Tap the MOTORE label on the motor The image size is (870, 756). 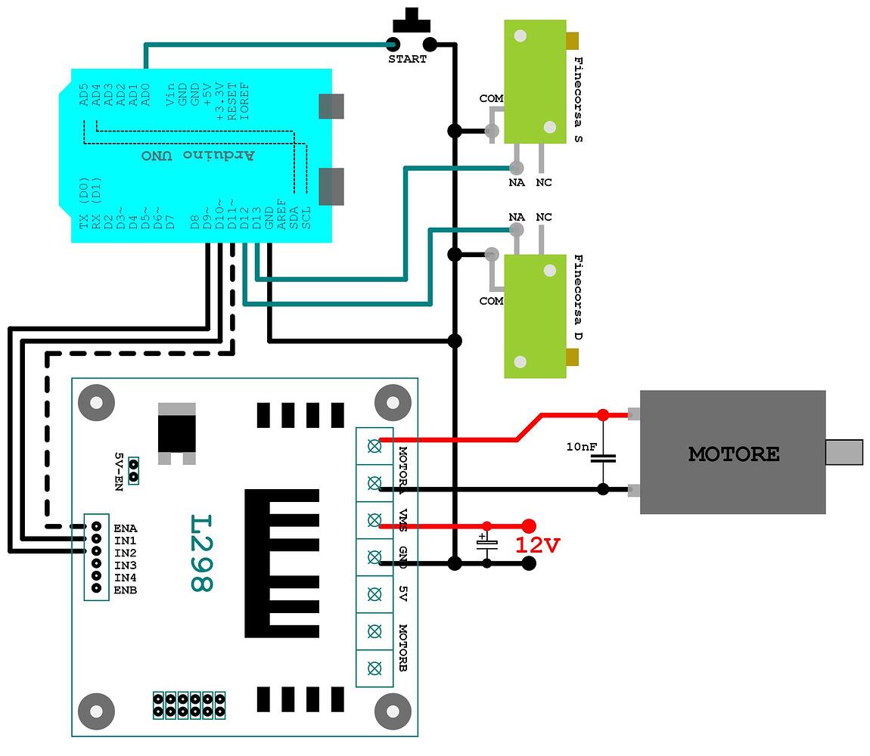click(x=733, y=454)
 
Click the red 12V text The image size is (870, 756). click(x=538, y=545)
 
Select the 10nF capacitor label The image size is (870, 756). click(x=581, y=447)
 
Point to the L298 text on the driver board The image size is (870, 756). click(x=201, y=553)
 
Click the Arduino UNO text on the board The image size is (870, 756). click(x=198, y=155)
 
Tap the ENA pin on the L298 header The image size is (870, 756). click(x=97, y=526)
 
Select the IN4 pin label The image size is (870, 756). click(x=125, y=578)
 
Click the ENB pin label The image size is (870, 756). click(x=125, y=590)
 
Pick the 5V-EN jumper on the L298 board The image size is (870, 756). click(x=133, y=469)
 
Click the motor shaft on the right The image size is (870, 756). click(x=844, y=452)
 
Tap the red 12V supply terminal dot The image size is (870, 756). click(x=529, y=525)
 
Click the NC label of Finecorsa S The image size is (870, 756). click(x=543, y=183)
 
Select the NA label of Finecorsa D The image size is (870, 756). click(x=517, y=218)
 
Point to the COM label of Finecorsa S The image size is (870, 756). click(x=491, y=99)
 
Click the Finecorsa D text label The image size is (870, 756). click(x=579, y=298)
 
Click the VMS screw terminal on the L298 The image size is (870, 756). click(x=374, y=519)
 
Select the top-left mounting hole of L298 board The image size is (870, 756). click(x=97, y=400)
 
